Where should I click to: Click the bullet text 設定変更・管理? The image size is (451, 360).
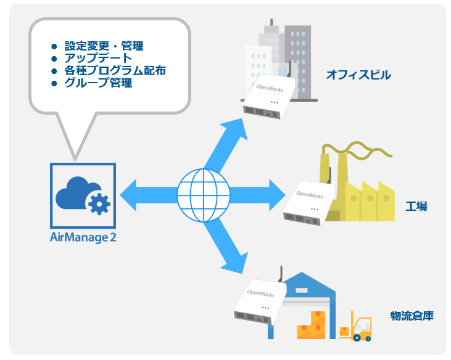point(104,46)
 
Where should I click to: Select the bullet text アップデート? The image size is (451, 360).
point(98,58)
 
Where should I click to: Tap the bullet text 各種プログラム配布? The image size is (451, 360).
point(115,71)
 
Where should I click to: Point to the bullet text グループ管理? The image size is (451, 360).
point(98,83)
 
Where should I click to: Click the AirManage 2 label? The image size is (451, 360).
point(83,237)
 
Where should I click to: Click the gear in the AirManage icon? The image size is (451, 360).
point(99,204)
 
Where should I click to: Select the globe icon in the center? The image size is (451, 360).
point(204,195)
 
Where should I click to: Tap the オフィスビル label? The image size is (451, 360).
point(358,75)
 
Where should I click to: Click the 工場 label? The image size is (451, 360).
point(416,207)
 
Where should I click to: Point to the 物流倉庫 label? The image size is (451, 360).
point(412,316)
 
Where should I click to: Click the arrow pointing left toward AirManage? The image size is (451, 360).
point(149,195)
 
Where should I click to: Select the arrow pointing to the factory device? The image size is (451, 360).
point(257,195)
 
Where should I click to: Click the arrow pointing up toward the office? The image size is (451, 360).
point(226,144)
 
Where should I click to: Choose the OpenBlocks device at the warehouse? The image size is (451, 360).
point(260,301)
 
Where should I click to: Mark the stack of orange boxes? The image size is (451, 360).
point(311,325)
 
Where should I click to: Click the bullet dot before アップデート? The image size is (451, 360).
point(54,59)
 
